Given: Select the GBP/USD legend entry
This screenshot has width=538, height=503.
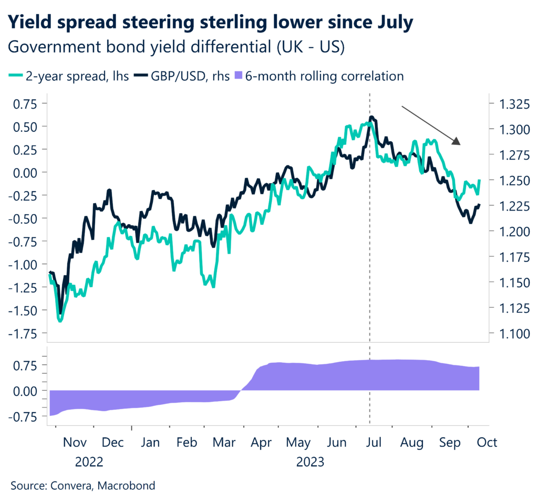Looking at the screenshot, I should [x=187, y=76].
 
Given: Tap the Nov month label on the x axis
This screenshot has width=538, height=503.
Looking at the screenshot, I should [x=75, y=442].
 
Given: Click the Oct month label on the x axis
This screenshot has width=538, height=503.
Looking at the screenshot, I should [x=487, y=442].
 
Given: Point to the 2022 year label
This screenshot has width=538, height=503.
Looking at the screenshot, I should [x=89, y=463].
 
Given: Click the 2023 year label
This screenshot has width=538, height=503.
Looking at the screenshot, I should [x=310, y=463].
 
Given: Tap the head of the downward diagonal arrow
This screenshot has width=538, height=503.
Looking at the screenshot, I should [x=458, y=141].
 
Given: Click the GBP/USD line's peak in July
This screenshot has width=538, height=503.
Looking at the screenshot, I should [x=371, y=117].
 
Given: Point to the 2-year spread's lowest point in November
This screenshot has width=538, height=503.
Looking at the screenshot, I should [x=60, y=320].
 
